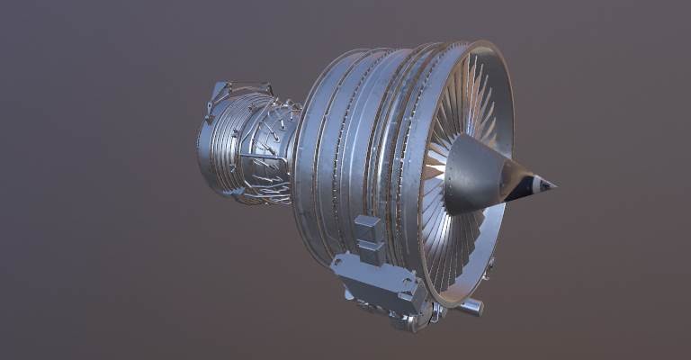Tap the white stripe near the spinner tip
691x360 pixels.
537,184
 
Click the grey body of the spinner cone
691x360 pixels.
472,175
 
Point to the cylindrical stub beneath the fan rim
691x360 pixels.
470,307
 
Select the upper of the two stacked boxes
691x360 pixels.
367,227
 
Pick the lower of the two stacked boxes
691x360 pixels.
370,250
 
